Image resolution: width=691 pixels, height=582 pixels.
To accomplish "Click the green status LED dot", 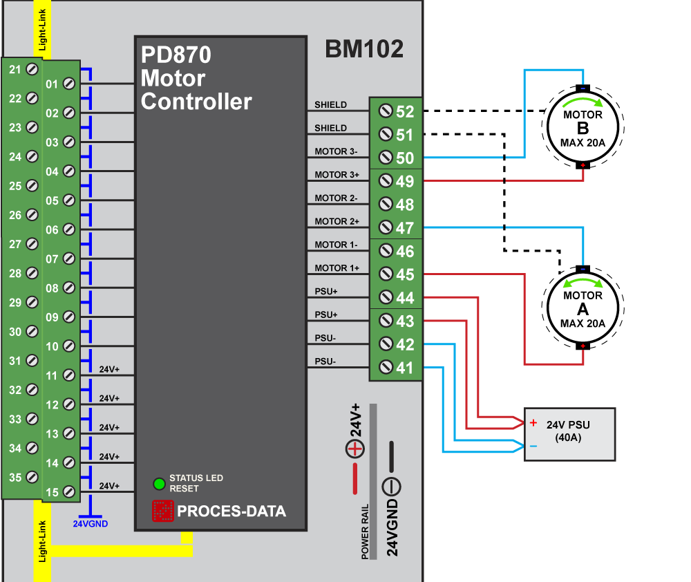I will point(159,483).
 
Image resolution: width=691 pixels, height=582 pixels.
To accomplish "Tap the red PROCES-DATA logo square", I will point(162,511).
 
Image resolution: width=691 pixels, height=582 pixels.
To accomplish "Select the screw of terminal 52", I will point(386,111).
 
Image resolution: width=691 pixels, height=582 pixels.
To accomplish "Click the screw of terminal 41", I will point(386,368).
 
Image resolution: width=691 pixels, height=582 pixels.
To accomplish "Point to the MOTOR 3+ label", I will point(336,175).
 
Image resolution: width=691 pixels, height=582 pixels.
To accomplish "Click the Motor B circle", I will point(583,127).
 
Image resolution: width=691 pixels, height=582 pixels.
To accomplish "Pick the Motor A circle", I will point(583,308).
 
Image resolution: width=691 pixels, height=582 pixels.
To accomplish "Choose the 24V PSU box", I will point(569,434).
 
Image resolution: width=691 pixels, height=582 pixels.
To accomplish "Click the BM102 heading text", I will point(364,50).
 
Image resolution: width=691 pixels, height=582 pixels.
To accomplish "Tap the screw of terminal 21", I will point(31,69).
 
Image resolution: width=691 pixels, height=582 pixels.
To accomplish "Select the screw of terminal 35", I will point(31,477).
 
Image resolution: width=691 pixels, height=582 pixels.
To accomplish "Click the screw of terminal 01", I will point(68,84).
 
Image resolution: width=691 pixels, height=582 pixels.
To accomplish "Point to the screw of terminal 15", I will point(68,491).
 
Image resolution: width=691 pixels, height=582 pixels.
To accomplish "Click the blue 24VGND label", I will point(91,523).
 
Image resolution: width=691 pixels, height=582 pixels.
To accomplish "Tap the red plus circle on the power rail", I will point(354,449).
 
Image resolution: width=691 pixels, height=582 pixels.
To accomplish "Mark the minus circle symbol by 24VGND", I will point(391,487).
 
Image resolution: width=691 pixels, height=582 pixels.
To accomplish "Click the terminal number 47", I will point(405,228).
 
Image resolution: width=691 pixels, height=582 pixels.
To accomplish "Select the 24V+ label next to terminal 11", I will point(109,370).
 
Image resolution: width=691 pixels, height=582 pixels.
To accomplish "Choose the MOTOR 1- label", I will point(336,245).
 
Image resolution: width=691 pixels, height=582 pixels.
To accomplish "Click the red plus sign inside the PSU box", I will point(533,422).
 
